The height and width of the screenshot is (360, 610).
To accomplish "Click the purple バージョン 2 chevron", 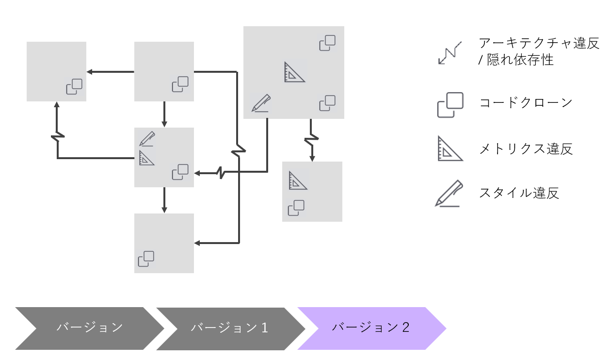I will point(371,328).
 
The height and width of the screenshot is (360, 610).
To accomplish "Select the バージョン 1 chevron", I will point(229,328).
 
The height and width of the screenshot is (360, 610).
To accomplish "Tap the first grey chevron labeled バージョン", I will point(89,328).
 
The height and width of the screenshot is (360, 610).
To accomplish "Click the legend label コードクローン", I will point(526,103).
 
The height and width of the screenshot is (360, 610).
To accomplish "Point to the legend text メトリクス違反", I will point(526,148).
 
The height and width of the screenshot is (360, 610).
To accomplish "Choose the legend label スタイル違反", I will point(519,193).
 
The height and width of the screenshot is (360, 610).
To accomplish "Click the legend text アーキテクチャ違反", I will point(539,44).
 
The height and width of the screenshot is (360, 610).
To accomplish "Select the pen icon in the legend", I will point(449,194).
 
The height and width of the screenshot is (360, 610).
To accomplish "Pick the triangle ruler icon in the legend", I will point(449,148).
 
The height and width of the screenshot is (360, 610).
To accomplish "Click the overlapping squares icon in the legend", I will point(449,105).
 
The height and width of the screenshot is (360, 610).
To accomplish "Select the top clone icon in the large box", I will point(327,43).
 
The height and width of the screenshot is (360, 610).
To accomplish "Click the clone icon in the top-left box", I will point(74,86).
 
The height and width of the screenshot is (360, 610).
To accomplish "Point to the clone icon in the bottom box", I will point(146,259).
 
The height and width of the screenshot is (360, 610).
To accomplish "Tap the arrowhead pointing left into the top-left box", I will point(90,72).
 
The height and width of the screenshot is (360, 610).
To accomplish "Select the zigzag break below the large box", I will point(311,140).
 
